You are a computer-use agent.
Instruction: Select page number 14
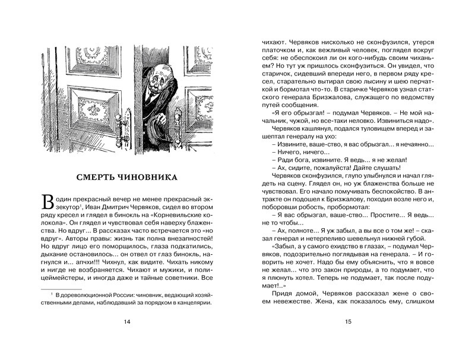[126, 322]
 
